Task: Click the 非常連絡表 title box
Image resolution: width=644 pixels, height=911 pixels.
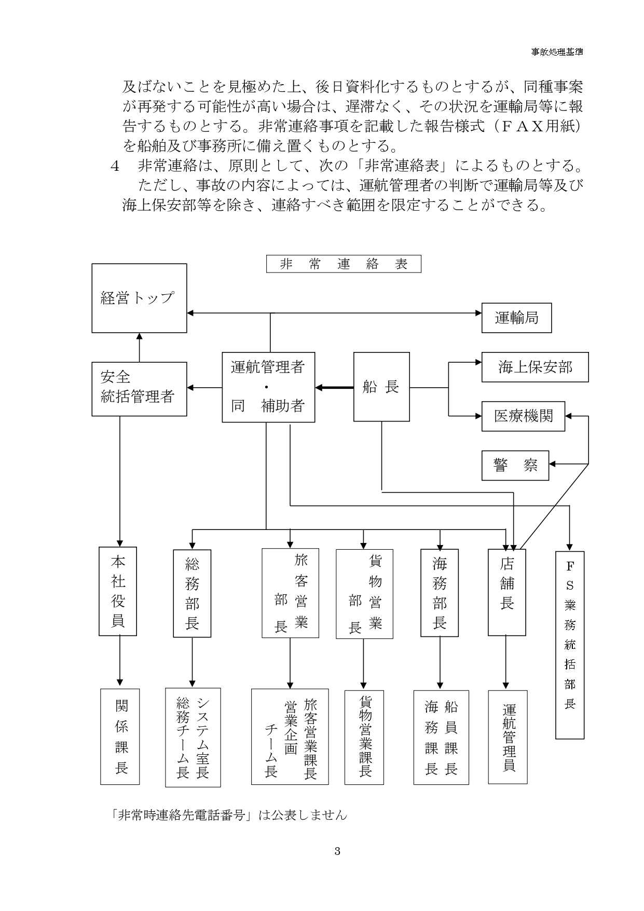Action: coord(344,264)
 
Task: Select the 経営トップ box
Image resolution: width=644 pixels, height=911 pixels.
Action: coord(139,298)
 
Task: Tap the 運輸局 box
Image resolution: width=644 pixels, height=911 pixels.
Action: coord(516,318)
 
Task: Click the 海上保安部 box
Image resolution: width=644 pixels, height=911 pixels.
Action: coord(535,367)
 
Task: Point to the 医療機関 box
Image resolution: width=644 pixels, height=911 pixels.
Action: coord(523,416)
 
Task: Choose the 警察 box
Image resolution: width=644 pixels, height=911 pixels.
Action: coord(515,465)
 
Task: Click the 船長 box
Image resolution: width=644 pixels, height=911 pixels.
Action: coord(381,387)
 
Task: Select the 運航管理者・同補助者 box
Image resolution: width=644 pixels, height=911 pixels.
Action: coord(268,387)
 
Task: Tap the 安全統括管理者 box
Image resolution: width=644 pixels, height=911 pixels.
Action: coord(139,388)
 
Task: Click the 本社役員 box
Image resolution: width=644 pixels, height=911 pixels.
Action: coord(118,591)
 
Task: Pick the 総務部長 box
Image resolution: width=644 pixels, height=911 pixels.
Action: coord(192,593)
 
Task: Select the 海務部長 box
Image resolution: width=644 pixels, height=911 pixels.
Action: coord(440,592)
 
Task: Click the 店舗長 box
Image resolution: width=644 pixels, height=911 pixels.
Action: coord(507,591)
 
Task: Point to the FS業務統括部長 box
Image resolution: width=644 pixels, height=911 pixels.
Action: coord(570,645)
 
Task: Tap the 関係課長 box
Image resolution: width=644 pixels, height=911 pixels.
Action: coord(121,737)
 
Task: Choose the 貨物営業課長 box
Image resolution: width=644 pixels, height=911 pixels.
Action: coord(365,737)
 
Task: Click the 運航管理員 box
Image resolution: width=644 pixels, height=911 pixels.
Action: coord(508,737)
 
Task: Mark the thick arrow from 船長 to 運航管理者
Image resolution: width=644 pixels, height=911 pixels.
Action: coord(334,387)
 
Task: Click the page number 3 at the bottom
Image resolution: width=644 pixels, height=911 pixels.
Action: coord(337,851)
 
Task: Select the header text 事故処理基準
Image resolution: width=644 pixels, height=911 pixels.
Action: coord(557,52)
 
